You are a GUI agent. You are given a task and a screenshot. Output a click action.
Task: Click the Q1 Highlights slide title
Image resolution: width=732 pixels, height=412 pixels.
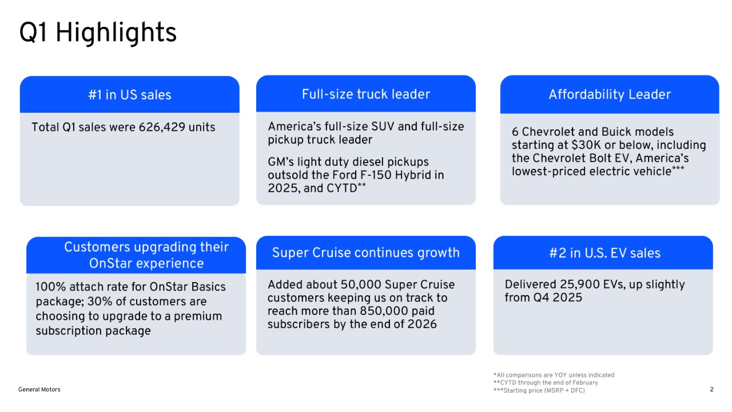(x=98, y=33)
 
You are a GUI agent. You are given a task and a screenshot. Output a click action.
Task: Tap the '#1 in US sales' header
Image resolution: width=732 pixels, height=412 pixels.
(x=130, y=95)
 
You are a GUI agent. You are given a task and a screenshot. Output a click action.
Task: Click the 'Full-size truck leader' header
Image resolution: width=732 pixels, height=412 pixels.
(x=366, y=94)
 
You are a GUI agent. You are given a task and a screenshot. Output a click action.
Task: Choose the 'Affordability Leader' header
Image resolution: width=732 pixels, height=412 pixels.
(x=610, y=94)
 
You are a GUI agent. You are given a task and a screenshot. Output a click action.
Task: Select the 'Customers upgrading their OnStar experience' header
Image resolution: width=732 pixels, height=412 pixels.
(x=146, y=255)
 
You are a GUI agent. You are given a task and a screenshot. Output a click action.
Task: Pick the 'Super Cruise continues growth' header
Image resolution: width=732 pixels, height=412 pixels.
(x=366, y=253)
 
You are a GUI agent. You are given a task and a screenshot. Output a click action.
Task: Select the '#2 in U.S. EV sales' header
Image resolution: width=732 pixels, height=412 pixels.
(x=604, y=253)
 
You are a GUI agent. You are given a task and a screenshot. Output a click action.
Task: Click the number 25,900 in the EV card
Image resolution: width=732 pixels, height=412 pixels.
(x=572, y=284)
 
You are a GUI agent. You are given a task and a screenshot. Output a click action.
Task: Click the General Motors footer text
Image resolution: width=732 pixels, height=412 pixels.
(x=39, y=390)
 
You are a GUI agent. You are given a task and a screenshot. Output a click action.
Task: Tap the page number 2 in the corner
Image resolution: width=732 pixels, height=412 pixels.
(x=711, y=390)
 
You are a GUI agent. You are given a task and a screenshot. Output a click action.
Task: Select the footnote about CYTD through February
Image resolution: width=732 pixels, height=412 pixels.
(x=545, y=383)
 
